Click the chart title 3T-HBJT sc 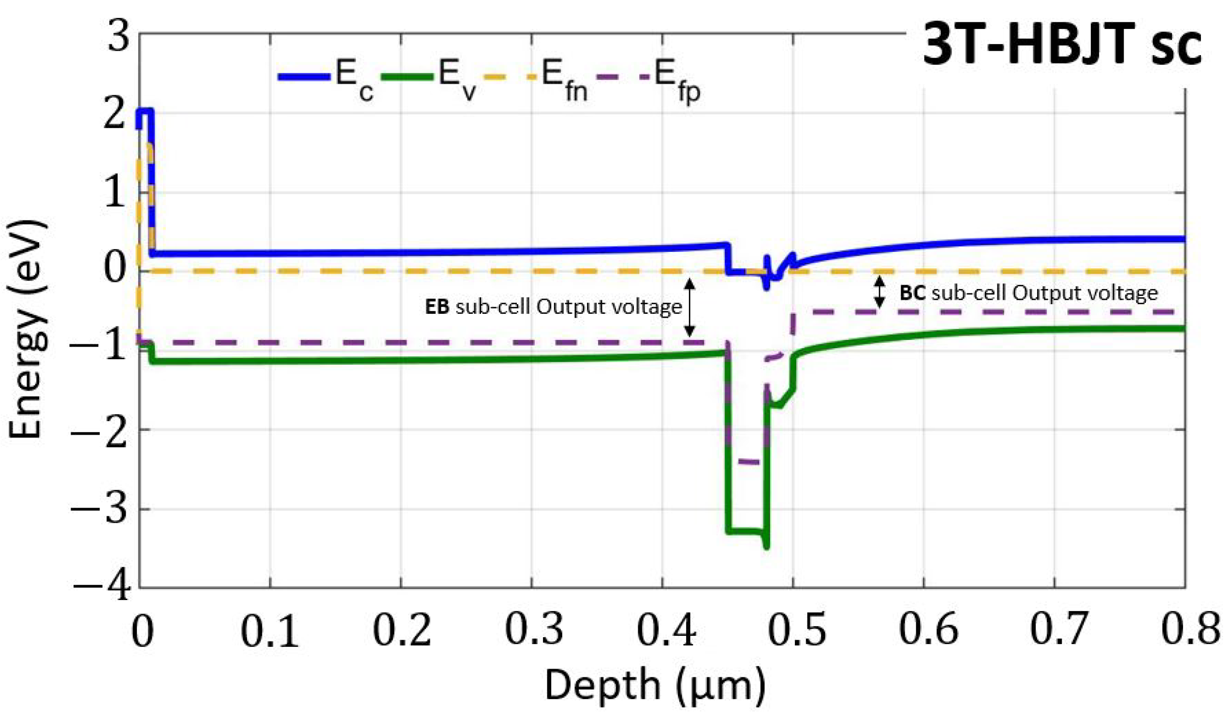coord(1062,48)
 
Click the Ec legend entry coord(326,78)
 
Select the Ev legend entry coord(429,78)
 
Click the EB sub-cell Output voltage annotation coord(554,307)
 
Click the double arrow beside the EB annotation coord(689,307)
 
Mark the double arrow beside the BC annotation coord(879,292)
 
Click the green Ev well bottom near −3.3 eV coord(746,531)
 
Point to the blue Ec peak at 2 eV coord(146,112)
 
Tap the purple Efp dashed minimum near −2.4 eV coord(749,461)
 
